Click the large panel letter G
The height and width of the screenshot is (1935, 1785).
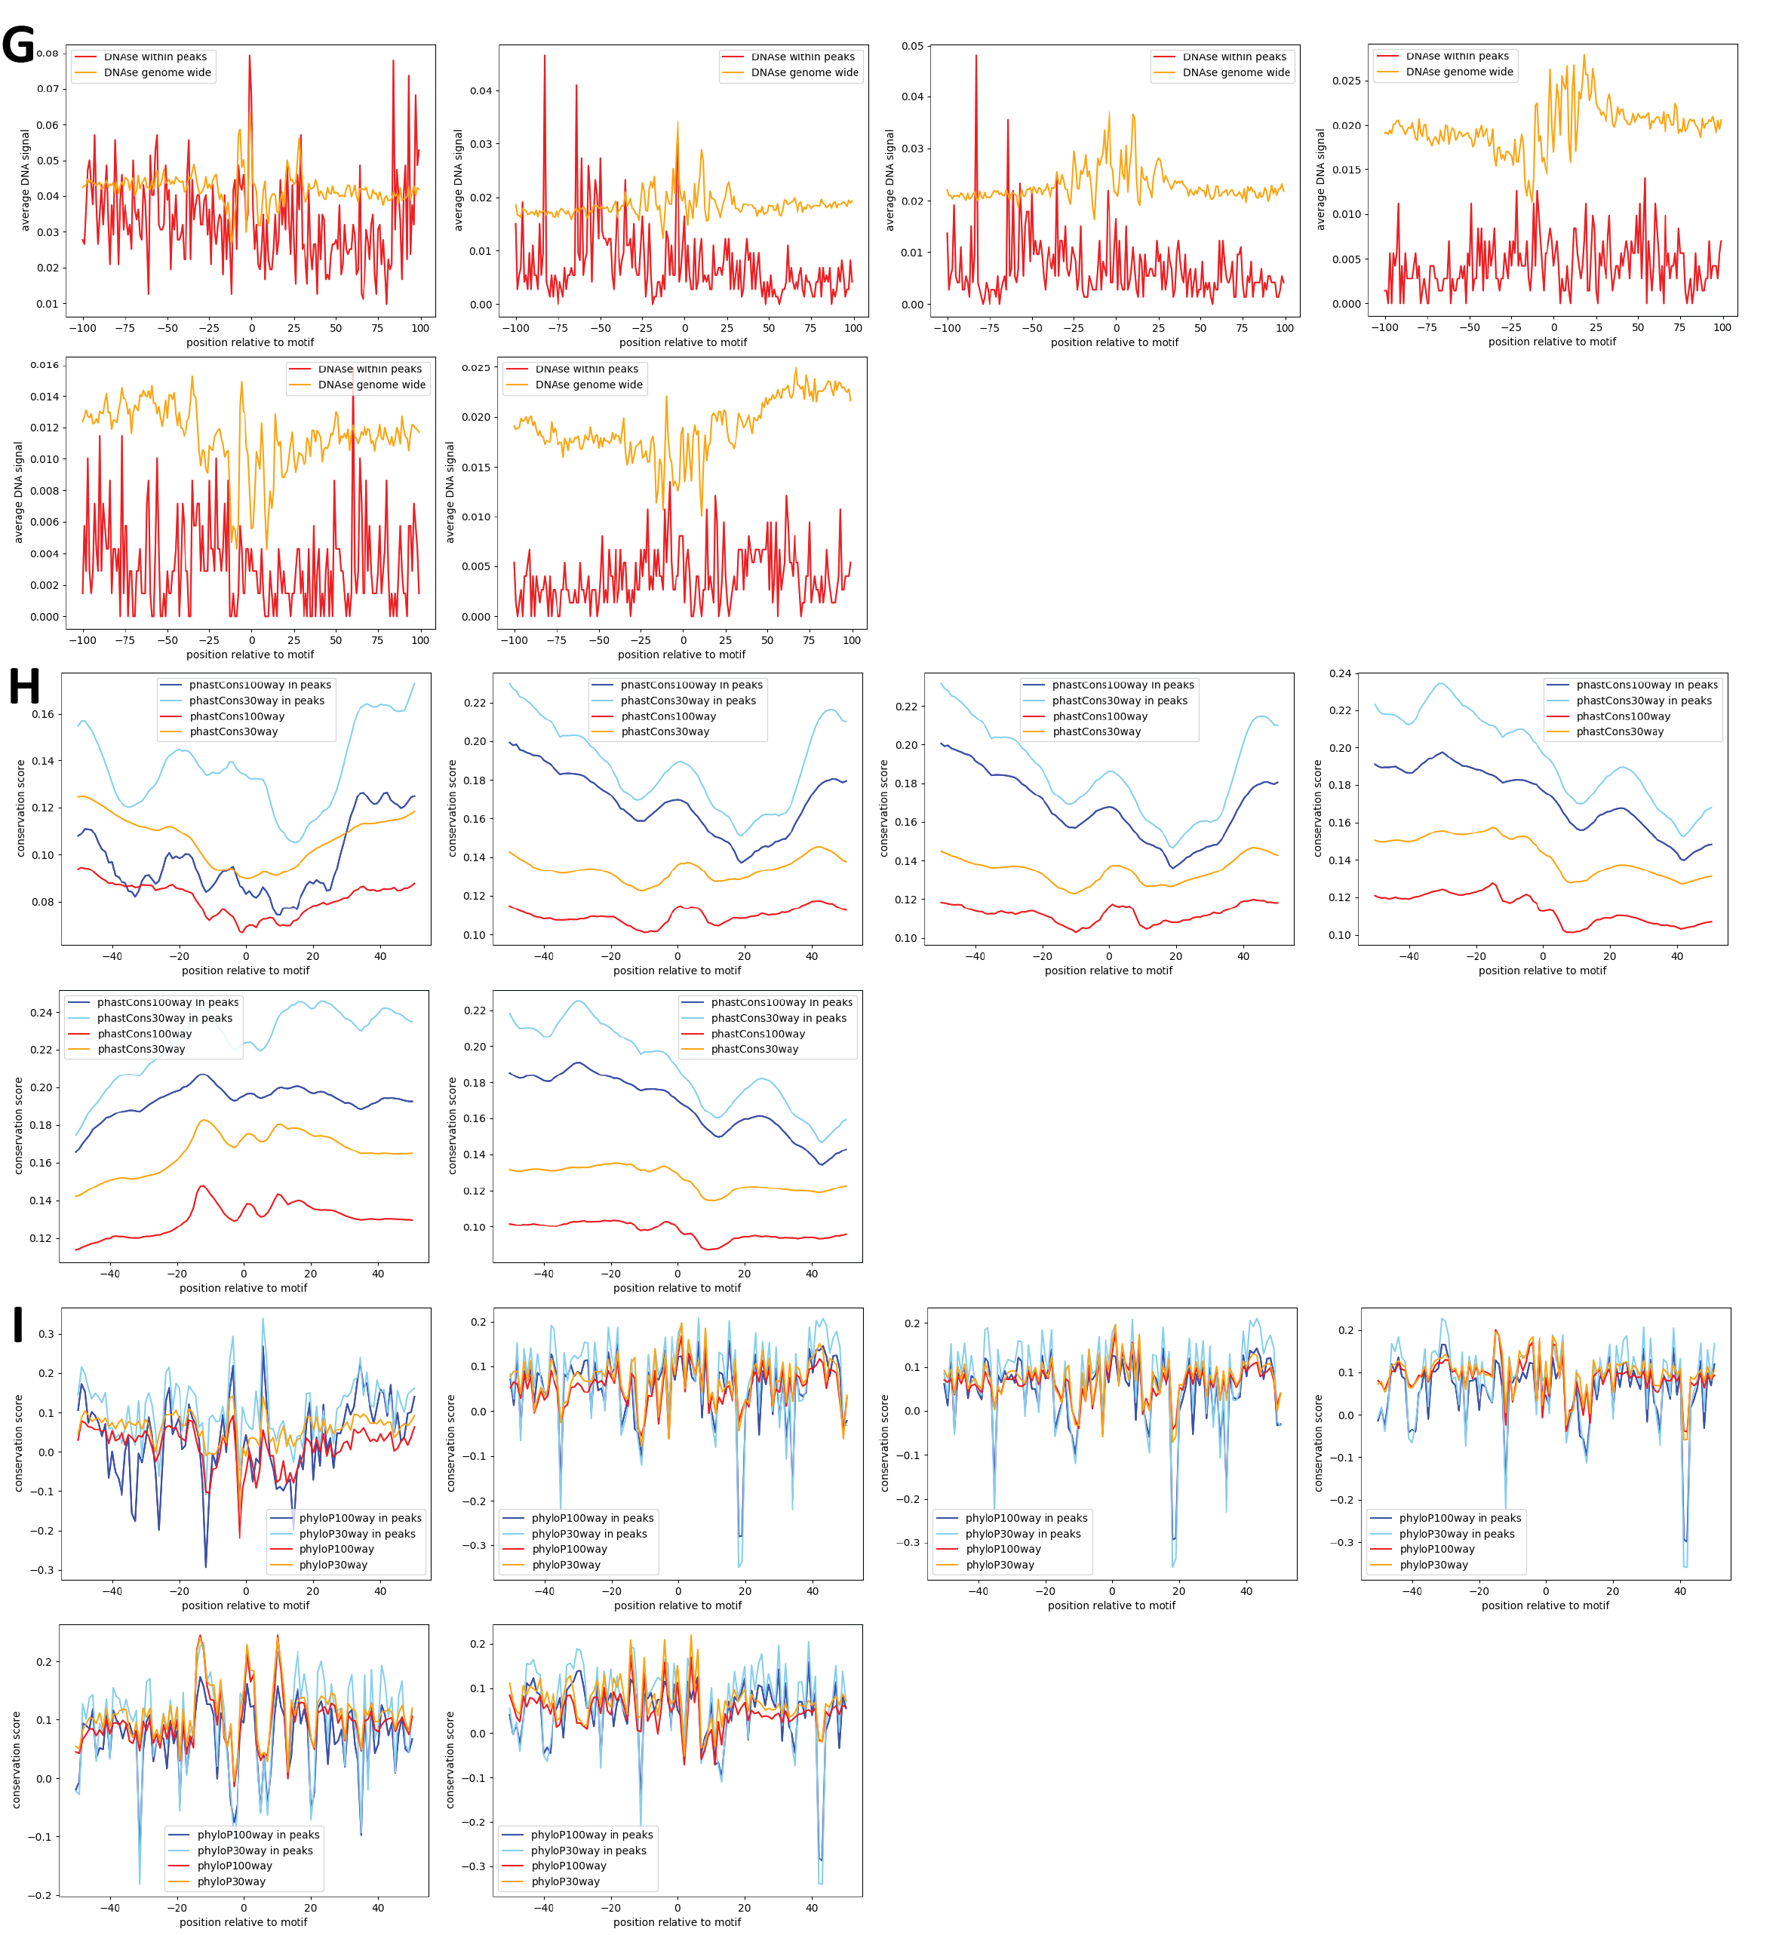coord(18,44)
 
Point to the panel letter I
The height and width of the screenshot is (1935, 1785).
coord(17,1325)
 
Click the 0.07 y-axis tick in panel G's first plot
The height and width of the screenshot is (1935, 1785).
coord(48,89)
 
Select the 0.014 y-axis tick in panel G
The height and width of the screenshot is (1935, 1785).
coord(45,397)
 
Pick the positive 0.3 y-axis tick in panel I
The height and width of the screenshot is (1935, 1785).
coord(45,1335)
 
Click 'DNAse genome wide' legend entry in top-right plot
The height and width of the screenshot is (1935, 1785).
coord(1458,72)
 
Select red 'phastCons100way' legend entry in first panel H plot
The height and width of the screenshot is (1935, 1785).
coord(237,716)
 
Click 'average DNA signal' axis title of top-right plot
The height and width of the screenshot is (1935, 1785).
coord(1320,179)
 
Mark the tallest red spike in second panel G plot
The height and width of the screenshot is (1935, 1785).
coord(545,56)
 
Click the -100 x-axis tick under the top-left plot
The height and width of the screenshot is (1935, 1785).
coord(83,328)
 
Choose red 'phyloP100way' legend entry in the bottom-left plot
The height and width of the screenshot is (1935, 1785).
coord(235,1866)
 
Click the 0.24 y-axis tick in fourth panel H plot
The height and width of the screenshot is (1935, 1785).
coord(1340,674)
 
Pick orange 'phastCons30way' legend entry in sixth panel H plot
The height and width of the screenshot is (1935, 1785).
coord(754,1050)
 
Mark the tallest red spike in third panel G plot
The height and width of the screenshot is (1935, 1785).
coord(975,56)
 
